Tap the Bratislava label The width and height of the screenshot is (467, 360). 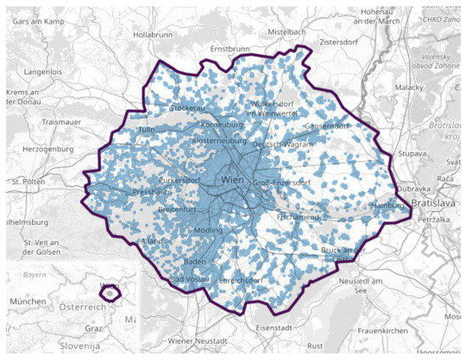point(435,205)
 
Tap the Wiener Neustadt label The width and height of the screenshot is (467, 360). point(198,340)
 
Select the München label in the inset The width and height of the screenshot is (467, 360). point(28,301)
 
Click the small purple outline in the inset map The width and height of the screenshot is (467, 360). point(109,293)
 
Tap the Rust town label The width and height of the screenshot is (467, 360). point(315,346)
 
